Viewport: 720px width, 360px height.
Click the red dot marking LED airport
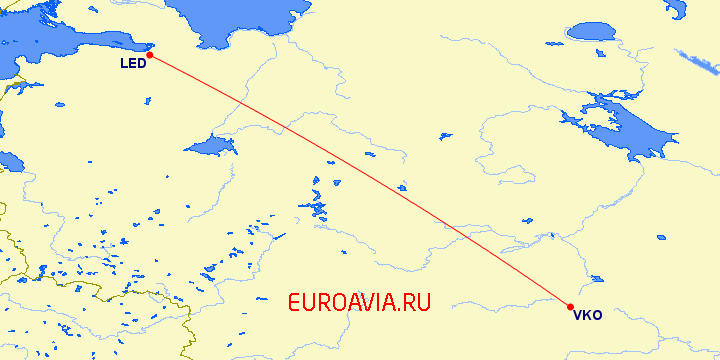[149, 55]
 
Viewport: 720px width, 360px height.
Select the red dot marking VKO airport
[570, 307]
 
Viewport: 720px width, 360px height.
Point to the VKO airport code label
[587, 316]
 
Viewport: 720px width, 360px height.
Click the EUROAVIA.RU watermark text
[358, 301]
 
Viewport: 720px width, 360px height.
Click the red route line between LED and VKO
[360, 181]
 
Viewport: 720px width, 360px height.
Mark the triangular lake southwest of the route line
[213, 146]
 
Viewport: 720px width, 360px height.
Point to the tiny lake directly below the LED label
[147, 100]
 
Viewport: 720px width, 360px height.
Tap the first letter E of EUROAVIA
[294, 301]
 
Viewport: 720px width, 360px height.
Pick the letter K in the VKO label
[587, 316]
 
